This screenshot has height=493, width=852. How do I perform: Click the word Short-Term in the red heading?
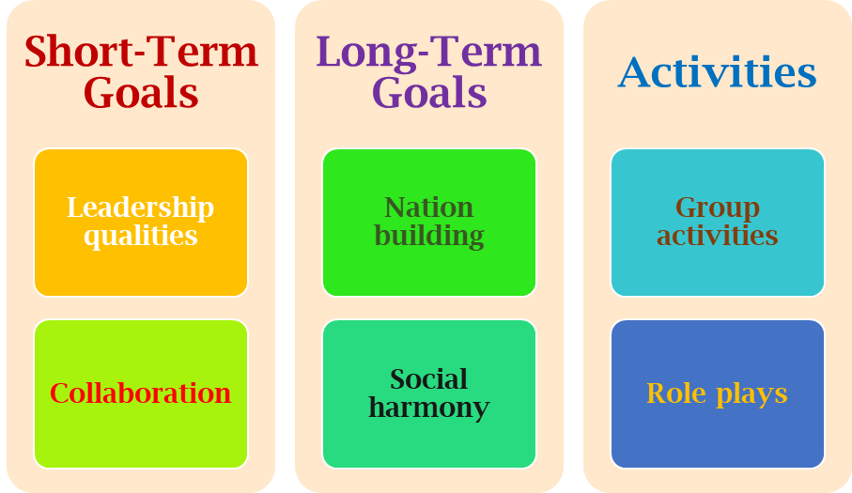pos(141,52)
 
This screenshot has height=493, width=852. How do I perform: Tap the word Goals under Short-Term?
pos(141,94)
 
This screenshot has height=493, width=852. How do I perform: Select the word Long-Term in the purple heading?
pos(428,52)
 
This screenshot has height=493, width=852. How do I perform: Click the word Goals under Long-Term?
pos(428,94)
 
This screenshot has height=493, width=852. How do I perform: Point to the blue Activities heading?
pos(717,72)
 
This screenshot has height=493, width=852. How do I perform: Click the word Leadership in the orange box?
pos(141,208)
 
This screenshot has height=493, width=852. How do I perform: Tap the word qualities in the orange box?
pos(141,235)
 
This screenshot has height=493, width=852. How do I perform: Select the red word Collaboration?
pos(141,393)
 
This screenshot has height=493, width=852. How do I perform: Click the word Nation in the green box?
pos(428,208)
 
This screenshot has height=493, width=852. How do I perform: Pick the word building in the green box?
pos(428,235)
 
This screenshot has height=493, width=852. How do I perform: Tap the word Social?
pos(428,379)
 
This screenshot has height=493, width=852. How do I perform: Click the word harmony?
pos(428,408)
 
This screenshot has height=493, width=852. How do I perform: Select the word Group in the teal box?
pos(717,208)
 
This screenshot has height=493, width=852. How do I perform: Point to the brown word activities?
pos(717,235)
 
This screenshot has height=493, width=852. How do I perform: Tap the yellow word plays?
pos(751,394)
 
